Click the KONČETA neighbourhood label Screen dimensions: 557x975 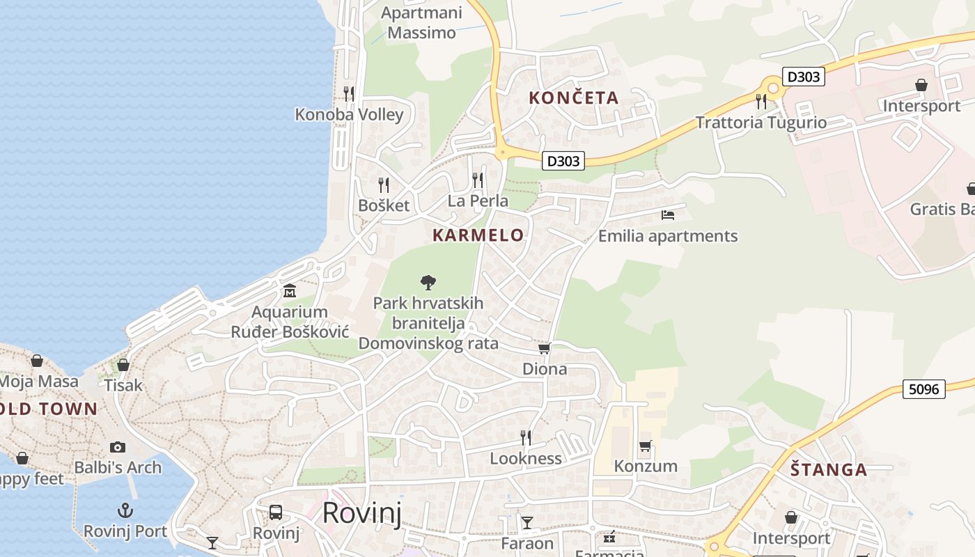(573, 98)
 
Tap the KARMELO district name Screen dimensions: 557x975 (478, 235)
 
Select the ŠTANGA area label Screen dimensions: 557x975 (829, 470)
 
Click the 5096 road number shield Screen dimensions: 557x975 (924, 389)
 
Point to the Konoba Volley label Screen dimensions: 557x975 (349, 115)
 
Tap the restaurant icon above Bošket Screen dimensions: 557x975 (384, 185)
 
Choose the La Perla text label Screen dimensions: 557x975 (478, 201)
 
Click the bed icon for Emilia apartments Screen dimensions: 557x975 (668, 214)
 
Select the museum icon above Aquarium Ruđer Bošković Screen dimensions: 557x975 (290, 290)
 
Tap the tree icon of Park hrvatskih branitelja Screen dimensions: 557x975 (428, 282)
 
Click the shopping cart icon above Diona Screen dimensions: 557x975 (544, 348)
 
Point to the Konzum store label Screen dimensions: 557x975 (646, 466)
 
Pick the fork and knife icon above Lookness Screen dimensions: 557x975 (526, 437)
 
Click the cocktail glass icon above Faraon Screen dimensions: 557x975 (527, 522)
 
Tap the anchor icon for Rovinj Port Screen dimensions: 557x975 (125, 510)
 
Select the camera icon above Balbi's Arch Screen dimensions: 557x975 (118, 447)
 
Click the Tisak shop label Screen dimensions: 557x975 (123, 385)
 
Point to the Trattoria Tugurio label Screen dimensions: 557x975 (761, 123)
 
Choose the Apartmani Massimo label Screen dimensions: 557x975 (422, 23)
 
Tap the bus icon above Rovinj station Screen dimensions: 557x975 (276, 512)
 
